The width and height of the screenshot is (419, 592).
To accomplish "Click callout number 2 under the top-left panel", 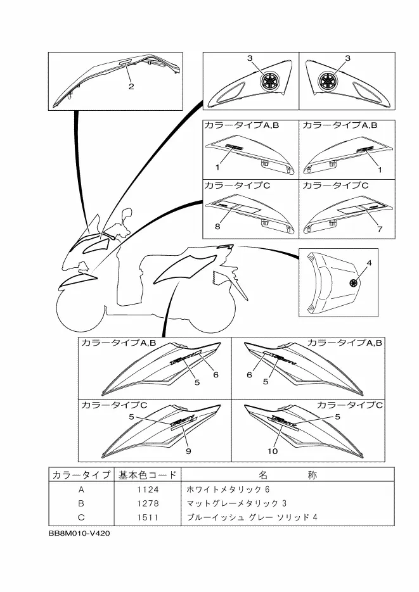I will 131,87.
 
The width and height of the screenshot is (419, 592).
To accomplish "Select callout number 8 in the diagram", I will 217,226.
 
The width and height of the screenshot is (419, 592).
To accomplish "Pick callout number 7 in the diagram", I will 380,229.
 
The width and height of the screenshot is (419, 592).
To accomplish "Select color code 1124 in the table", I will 148,489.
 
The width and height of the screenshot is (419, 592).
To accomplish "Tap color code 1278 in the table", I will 148,503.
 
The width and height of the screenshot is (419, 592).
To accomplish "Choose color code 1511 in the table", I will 148,517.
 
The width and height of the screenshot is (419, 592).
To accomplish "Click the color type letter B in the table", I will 81,503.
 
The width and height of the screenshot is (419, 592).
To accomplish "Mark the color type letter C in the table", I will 81,517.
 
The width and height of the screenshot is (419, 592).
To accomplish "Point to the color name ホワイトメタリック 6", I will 228,489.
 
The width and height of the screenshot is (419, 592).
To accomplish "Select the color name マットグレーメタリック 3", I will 236,503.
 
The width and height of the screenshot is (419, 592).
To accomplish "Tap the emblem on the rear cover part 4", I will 352,283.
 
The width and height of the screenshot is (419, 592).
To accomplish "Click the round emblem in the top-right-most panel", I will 330,80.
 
